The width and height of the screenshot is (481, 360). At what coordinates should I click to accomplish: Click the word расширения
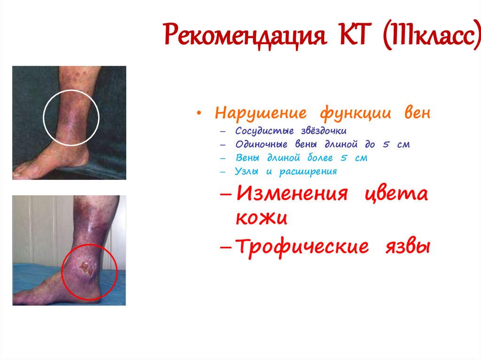click(x=308, y=172)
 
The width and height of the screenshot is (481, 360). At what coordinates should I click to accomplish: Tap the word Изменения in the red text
click(x=292, y=193)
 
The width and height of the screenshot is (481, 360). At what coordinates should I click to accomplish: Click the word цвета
click(x=396, y=194)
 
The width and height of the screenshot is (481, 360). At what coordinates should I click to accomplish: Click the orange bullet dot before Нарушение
click(x=201, y=114)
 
